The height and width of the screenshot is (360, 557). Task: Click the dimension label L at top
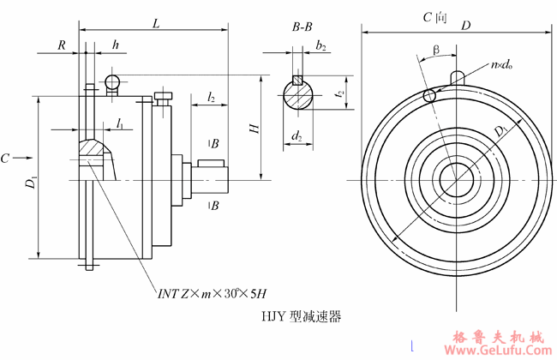(x=155, y=24)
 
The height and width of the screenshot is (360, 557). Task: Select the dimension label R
(x=63, y=45)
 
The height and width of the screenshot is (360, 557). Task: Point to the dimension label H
(x=254, y=128)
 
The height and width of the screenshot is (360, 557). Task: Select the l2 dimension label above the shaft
(x=211, y=98)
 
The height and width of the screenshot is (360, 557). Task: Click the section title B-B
(x=302, y=27)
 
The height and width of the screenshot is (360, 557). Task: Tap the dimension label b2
(x=320, y=45)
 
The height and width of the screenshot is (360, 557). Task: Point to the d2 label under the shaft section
(x=296, y=135)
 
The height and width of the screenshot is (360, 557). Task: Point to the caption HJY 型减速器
(x=301, y=317)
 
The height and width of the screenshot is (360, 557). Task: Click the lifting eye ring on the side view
(x=111, y=81)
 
